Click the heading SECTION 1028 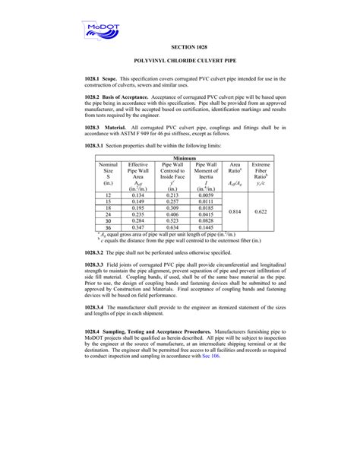coord(179,48)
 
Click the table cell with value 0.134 coord(137,195)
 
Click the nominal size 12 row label coord(108,195)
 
